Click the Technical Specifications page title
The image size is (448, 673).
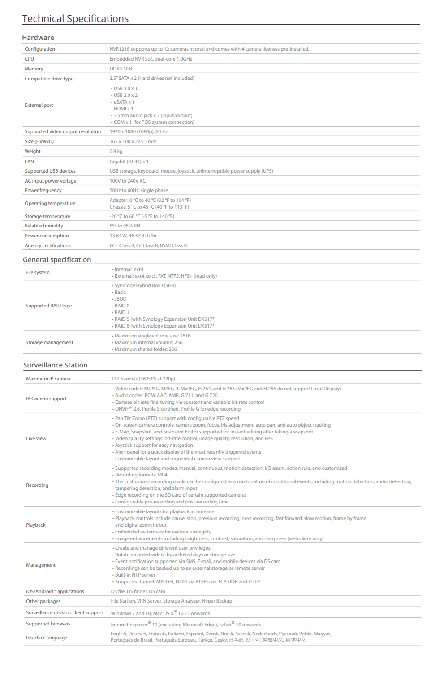75,19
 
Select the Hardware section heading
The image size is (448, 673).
38,38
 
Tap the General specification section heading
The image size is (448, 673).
57,260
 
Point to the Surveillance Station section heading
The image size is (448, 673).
56,365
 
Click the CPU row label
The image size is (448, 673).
30,59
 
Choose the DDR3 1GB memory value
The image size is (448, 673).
121,69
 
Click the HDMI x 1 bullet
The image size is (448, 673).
123,109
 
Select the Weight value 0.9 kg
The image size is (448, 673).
116,151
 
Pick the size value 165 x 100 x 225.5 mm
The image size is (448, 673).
133,141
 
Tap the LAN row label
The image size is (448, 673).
30,162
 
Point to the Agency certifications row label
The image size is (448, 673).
47,245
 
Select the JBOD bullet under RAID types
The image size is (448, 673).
121,299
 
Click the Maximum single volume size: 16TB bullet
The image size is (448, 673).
152,336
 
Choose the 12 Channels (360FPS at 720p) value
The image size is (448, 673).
143,379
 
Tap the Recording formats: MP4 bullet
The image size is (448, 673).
141,475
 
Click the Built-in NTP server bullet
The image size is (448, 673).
135,575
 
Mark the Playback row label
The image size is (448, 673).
36,525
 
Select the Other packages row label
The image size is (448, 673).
43,601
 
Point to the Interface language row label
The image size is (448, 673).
47,638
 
